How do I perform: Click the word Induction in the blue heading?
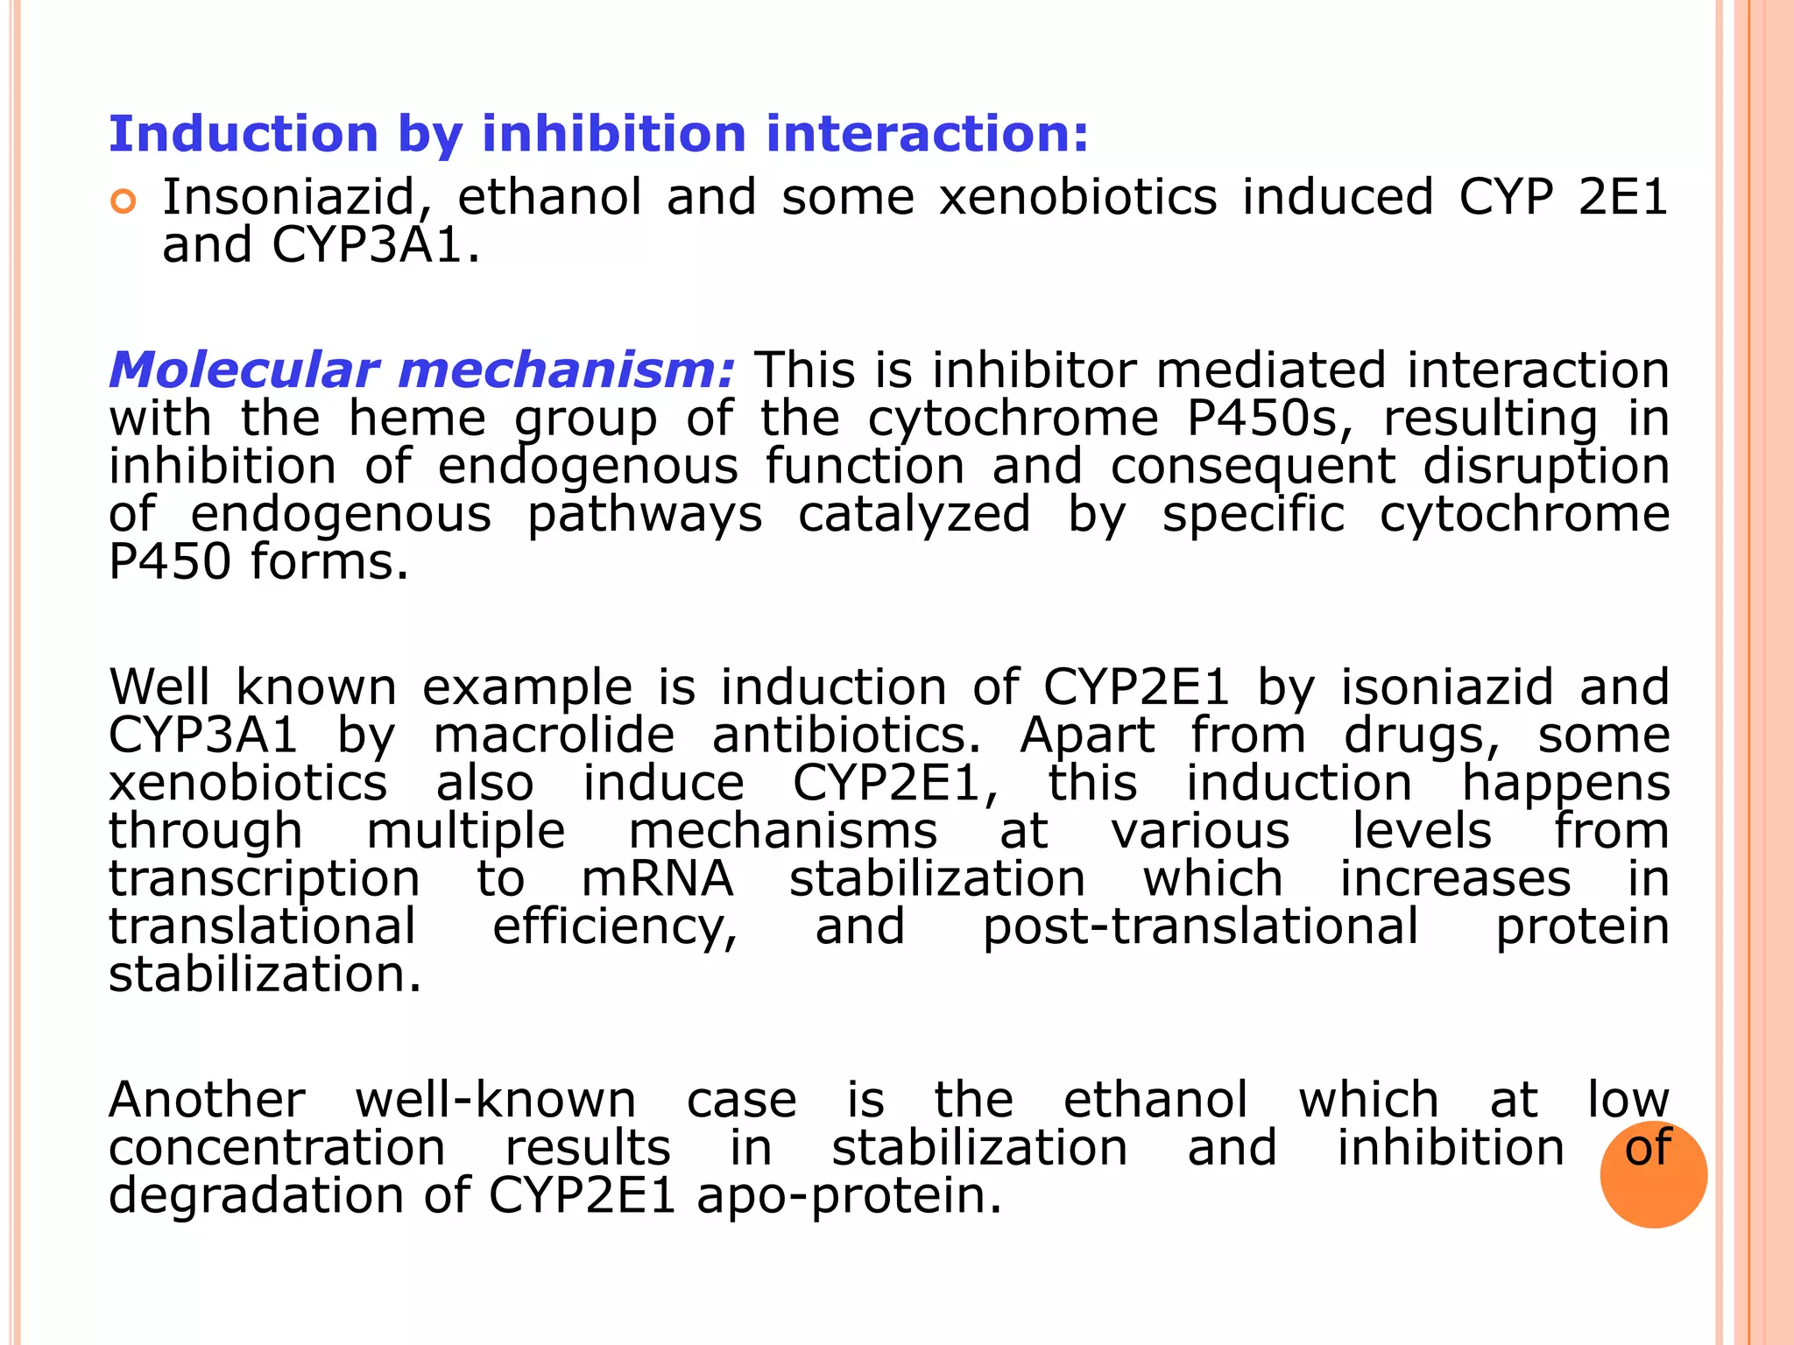coord(244,134)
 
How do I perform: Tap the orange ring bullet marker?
coord(124,202)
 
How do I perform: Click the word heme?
coord(417,419)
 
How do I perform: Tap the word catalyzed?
coord(914,514)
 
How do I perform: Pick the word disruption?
coord(1546,467)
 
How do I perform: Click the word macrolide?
coord(554,735)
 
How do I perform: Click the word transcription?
coord(264,880)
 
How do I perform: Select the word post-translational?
coord(1200,927)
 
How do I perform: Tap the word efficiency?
coord(615,927)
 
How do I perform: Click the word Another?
coord(207,1100)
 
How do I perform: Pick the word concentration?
coord(277,1148)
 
